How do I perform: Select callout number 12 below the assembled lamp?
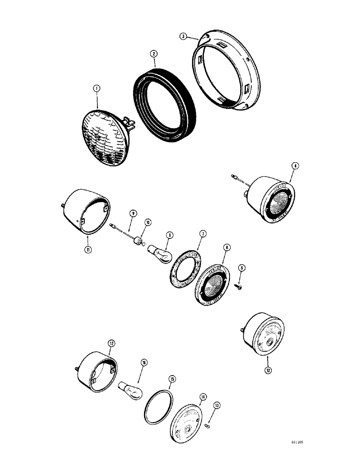(268, 371)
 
